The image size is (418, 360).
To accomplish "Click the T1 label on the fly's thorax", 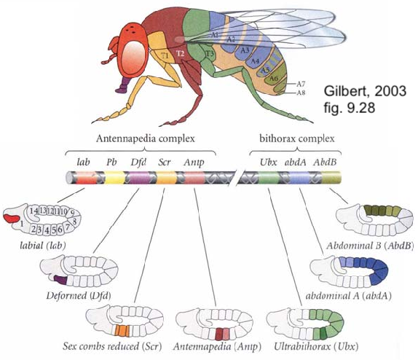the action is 165,56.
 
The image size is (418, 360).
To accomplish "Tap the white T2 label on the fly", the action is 181,54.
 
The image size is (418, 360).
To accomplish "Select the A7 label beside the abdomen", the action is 301,84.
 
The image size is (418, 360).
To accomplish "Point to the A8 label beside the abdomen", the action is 301,93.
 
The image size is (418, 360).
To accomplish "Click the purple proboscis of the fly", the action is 122,85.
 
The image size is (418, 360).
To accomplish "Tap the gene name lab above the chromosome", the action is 83,162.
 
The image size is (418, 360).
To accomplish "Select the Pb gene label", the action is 111,162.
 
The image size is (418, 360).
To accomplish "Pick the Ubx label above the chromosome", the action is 269,162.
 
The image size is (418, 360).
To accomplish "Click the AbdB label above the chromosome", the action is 325,162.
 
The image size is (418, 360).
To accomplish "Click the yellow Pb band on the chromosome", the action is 114,178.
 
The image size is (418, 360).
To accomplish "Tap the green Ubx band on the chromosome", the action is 269,178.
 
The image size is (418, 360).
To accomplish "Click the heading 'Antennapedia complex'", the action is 146,138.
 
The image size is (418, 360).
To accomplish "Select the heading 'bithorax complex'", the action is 297,138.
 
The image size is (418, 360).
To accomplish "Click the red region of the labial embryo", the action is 11,218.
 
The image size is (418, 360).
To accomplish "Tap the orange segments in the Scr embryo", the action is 122,331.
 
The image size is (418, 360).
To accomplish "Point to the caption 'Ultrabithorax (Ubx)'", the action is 316,346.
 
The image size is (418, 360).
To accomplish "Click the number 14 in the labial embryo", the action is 33,211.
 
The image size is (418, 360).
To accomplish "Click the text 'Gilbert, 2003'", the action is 365,91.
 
